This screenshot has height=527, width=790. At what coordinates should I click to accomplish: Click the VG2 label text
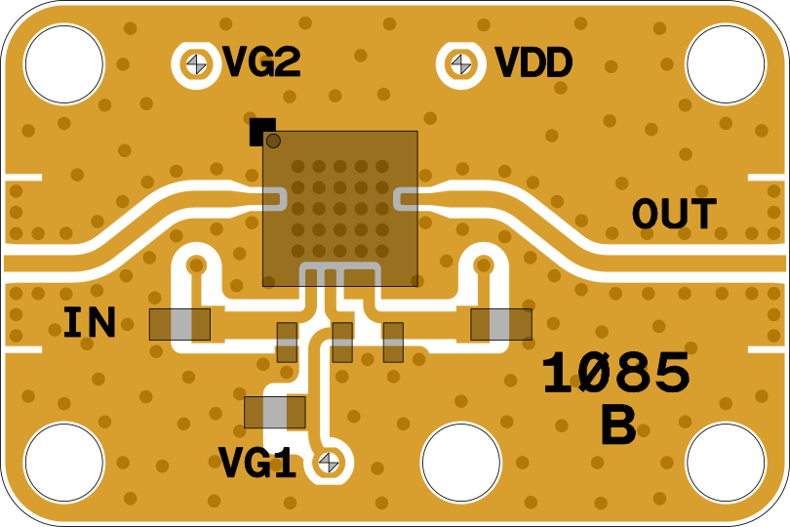(261, 63)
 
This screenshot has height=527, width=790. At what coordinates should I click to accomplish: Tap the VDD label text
(533, 63)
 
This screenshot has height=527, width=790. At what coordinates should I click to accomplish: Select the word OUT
(674, 215)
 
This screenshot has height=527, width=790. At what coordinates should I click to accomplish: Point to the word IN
(90, 323)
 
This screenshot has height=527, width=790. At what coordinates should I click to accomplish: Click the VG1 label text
(257, 464)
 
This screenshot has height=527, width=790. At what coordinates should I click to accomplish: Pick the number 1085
(615, 374)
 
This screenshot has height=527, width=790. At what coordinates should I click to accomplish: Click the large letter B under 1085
(618, 426)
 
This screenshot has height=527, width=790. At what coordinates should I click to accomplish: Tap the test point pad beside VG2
(197, 63)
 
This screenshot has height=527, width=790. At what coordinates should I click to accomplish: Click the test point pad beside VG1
(330, 461)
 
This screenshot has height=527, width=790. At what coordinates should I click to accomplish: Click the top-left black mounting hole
(63, 63)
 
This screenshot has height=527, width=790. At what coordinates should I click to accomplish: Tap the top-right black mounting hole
(726, 63)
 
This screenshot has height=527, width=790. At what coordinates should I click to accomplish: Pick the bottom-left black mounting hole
(63, 463)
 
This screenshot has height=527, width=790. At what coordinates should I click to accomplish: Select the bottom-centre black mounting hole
(461, 463)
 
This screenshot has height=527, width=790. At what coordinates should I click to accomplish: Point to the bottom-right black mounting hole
(726, 463)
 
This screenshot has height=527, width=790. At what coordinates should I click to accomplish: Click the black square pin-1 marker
(259, 129)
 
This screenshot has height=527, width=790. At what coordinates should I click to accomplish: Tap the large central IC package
(340, 208)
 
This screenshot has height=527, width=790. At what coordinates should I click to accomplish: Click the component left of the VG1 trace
(275, 412)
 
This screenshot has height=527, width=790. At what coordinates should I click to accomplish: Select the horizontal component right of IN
(179, 324)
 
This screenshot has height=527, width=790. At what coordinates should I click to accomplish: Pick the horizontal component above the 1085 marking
(501, 324)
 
